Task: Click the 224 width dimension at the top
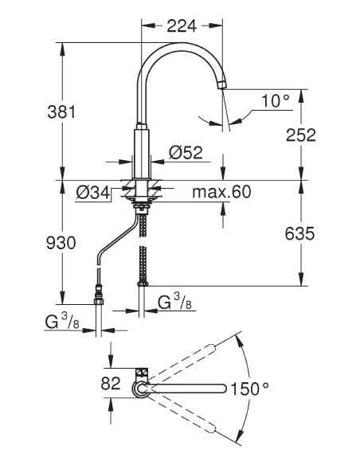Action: pyautogui.click(x=183, y=25)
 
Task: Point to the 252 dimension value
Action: pyautogui.click(x=300, y=135)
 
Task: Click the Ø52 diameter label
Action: pyautogui.click(x=186, y=152)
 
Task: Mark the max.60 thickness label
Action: pyautogui.click(x=221, y=192)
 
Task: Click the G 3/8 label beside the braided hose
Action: pyautogui.click(x=171, y=303)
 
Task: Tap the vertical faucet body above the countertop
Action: pyautogui.click(x=142, y=151)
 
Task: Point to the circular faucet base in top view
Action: pyautogui.click(x=140, y=389)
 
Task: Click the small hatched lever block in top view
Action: pyautogui.click(x=140, y=373)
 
